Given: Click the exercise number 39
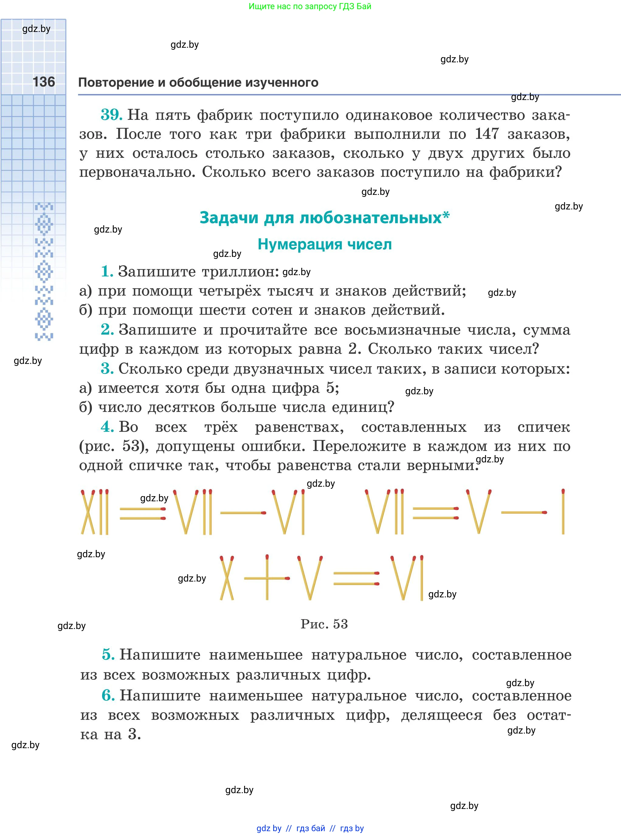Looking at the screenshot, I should (111, 114).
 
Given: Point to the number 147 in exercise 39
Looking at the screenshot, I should (487, 133).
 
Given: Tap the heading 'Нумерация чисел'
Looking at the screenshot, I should (325, 244).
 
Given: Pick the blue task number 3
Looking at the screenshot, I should (107, 368).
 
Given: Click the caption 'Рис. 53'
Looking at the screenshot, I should (324, 624).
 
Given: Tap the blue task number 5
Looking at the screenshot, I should (108, 655).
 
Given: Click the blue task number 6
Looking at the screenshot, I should (108, 696).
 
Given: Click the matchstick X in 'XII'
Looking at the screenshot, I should (88, 512).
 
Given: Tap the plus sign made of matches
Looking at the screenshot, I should (267, 578).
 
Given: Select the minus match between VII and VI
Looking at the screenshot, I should (243, 513).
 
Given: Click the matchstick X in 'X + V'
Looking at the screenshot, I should (227, 578).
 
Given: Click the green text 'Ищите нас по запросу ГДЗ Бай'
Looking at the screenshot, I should (310, 6).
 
